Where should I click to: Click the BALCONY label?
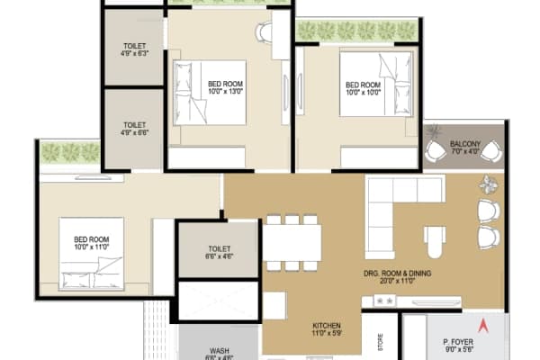point(465,144)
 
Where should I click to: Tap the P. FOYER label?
point(458,343)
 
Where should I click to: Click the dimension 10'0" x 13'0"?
point(226,91)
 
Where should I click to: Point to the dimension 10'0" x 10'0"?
point(363,91)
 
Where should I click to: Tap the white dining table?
point(292,241)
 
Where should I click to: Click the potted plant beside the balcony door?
point(489,185)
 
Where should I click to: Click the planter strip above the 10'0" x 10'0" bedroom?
point(357,31)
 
